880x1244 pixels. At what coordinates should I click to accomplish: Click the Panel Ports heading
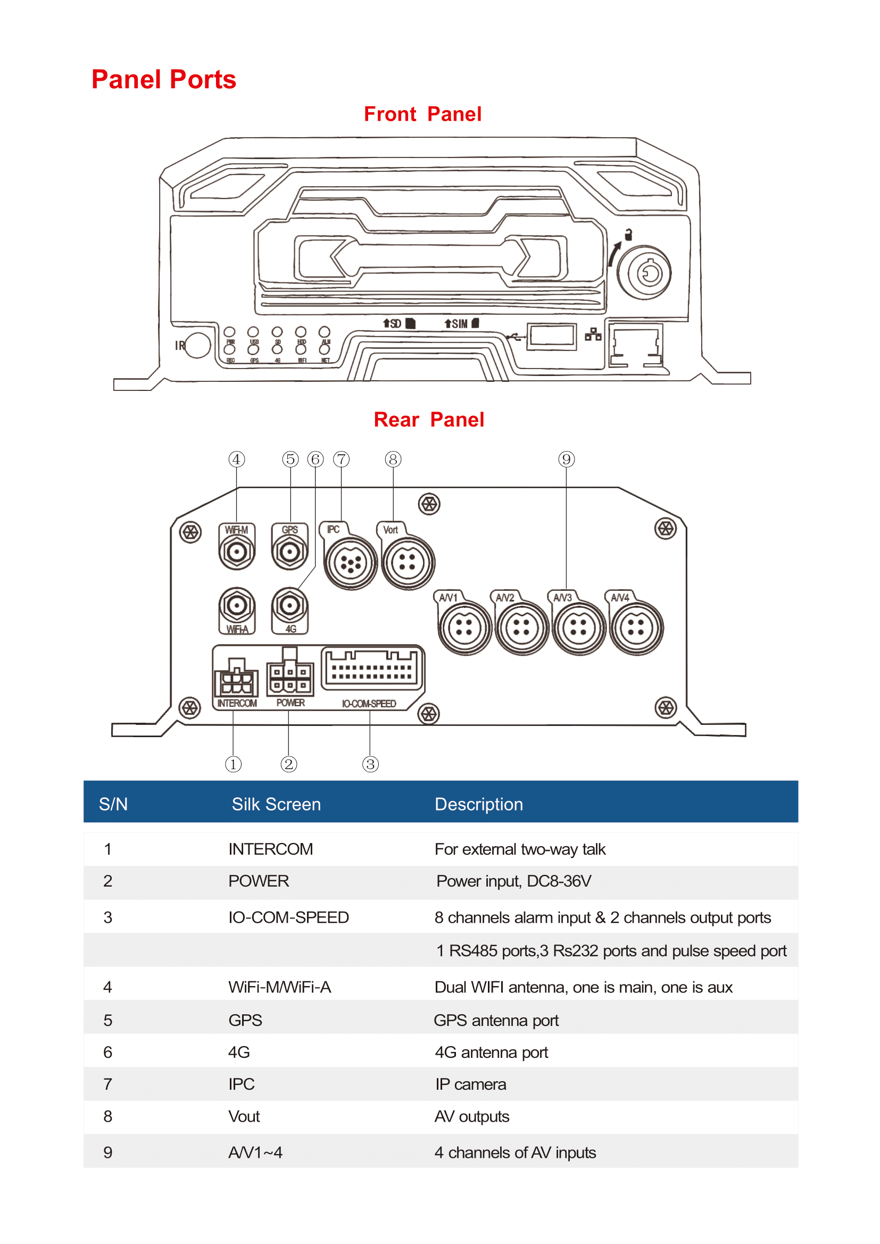click(164, 80)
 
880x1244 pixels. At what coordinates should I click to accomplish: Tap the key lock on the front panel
click(644, 273)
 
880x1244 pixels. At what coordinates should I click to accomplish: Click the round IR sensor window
click(198, 345)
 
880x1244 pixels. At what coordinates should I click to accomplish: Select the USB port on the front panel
click(552, 336)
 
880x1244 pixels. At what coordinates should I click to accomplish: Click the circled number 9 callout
click(566, 460)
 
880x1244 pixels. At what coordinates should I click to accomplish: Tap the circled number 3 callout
click(370, 764)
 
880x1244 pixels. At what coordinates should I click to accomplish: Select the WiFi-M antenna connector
click(237, 552)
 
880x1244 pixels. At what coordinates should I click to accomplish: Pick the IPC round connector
click(351, 563)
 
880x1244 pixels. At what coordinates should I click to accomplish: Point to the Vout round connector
click(408, 563)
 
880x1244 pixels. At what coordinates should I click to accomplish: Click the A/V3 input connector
click(578, 628)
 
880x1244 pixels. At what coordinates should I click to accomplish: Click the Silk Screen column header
click(276, 804)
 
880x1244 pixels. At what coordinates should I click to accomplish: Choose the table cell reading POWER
click(259, 881)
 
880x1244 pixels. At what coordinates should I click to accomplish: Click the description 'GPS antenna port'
click(496, 1020)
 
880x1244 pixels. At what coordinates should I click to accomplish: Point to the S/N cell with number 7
click(108, 1084)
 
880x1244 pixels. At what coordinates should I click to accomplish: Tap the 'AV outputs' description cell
click(471, 1117)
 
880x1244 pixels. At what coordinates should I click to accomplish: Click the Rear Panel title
click(429, 420)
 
